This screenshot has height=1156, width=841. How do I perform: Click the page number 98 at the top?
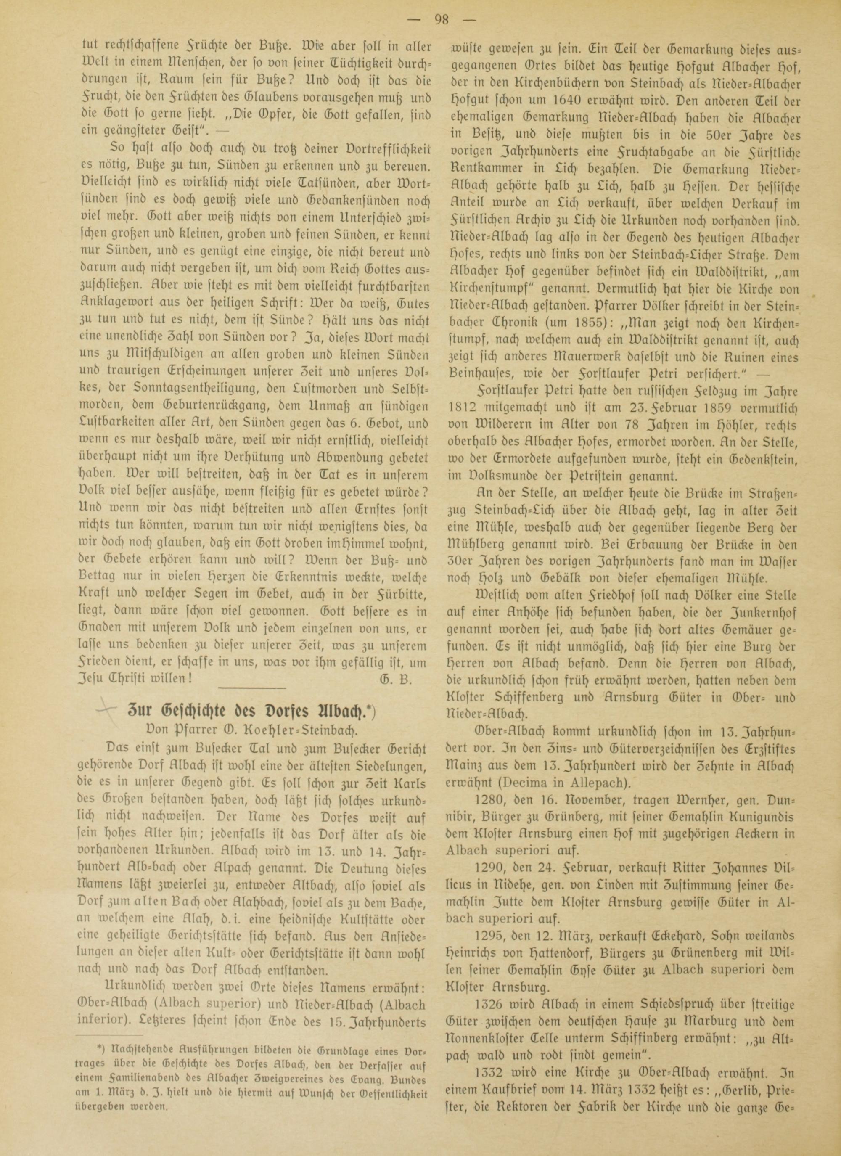pos(442,20)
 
